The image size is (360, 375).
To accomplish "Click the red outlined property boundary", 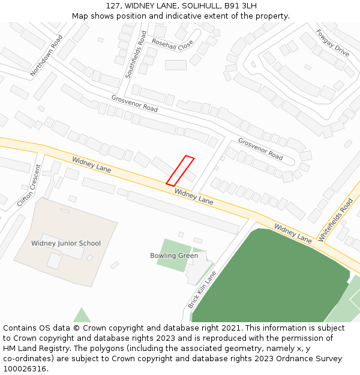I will click(x=180, y=170).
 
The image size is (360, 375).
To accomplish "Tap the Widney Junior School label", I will click(x=66, y=244).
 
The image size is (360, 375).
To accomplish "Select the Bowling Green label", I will click(x=174, y=256).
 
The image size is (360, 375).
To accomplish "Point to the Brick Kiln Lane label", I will click(x=202, y=290).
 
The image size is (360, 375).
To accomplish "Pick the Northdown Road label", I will click(x=46, y=55).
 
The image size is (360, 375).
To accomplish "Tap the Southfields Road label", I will click(x=135, y=55).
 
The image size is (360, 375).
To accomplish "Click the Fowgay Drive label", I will click(x=332, y=43).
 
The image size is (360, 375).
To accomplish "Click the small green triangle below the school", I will click(x=82, y=316).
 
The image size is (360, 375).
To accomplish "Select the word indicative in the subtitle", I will click(x=176, y=16).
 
